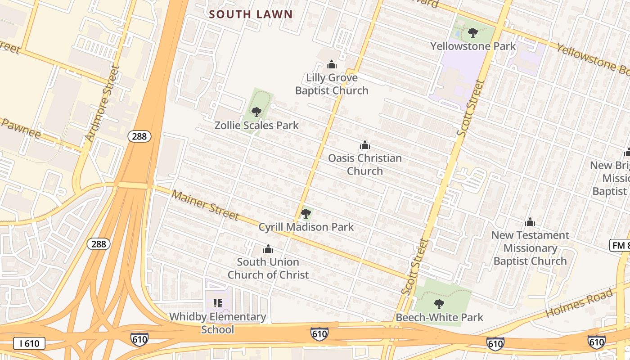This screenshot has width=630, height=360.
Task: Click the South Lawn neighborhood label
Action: (251, 14)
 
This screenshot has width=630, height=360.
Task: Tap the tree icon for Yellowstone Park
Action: (472, 33)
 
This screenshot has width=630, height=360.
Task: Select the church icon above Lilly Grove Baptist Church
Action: (332, 64)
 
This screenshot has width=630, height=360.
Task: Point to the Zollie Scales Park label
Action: (256, 125)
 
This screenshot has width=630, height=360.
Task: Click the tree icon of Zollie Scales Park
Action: (256, 112)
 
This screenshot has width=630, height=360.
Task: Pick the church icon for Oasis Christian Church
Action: (364, 145)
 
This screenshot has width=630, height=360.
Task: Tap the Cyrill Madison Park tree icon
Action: (306, 214)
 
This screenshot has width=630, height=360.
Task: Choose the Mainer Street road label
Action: (205, 205)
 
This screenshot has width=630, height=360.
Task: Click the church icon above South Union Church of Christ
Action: (268, 249)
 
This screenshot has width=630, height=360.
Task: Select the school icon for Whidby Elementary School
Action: (218, 303)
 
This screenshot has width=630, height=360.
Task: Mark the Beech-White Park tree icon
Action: (439, 304)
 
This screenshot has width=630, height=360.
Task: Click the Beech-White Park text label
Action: (439, 317)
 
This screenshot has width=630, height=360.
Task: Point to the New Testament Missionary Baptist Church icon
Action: (530, 222)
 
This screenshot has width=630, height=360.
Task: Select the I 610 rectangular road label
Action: (29, 344)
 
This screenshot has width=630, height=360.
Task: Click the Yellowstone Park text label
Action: (473, 46)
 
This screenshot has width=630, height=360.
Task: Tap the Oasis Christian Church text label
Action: (364, 165)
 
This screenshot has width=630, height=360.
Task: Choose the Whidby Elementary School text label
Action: (218, 323)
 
